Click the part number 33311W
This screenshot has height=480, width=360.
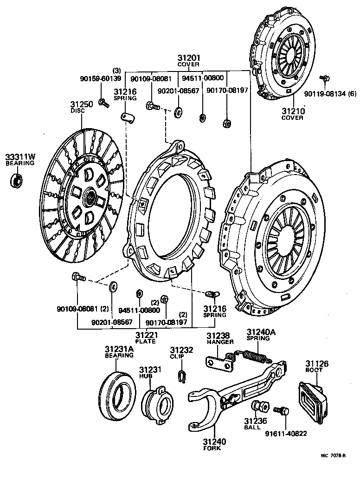tap(20, 157)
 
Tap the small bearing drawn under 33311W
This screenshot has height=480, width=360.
tap(17, 180)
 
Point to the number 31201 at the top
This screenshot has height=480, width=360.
tap(188, 58)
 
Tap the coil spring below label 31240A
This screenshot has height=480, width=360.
tap(254, 357)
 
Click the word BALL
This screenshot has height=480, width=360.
tap(253, 428)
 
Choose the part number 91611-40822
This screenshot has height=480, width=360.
tap(286, 434)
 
